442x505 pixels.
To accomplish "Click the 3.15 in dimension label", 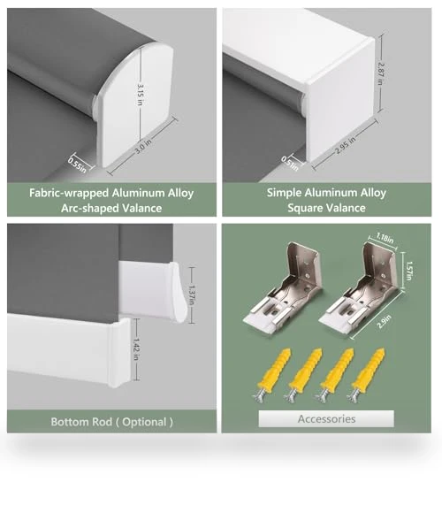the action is [x=141, y=95].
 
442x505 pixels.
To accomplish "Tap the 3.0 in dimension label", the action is [x=143, y=146].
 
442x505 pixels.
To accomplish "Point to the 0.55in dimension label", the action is [x=77, y=165].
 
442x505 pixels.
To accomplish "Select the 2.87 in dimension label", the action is [x=380, y=73].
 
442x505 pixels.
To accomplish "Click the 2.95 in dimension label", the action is [x=345, y=145].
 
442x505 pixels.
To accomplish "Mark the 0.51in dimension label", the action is [x=290, y=164].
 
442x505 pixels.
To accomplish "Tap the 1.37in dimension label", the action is [x=192, y=295].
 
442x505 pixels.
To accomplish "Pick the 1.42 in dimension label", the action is [x=136, y=349].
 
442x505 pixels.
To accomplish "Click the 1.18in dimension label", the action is [x=385, y=238].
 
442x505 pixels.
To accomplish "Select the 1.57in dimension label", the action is [x=408, y=271].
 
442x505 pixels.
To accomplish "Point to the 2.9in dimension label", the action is [x=385, y=322].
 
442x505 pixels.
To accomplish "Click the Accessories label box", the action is [x=326, y=418].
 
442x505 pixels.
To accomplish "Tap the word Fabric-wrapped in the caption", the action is [x=69, y=193].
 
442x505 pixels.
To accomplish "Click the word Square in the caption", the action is [x=306, y=208].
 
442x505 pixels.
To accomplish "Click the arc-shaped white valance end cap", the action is [x=135, y=104].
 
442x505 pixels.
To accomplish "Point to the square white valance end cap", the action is [x=340, y=100].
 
